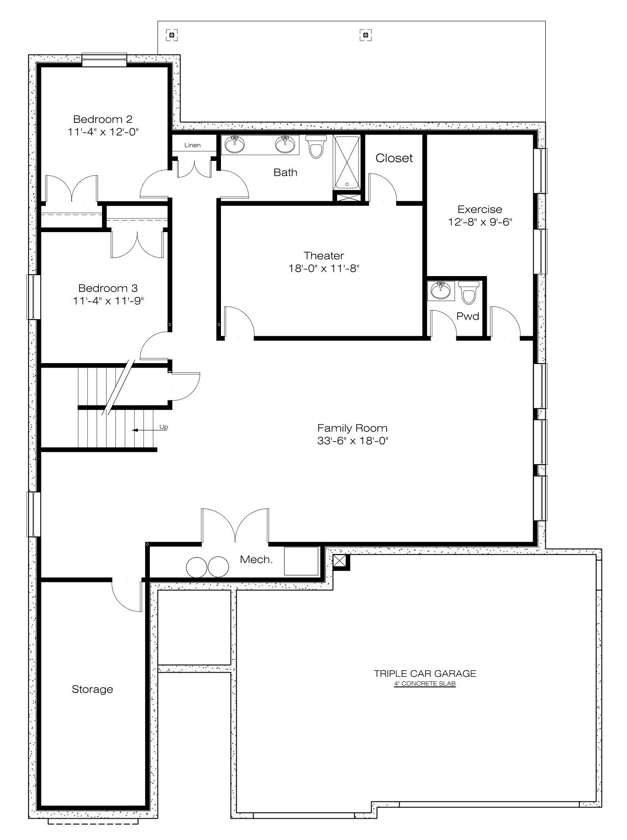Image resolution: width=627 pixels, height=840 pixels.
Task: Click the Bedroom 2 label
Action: [103, 119]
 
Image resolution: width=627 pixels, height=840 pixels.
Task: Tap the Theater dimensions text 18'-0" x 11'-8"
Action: [324, 268]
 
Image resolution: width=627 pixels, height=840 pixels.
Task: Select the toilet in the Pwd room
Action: [469, 292]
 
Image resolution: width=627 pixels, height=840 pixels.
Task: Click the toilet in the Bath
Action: [316, 146]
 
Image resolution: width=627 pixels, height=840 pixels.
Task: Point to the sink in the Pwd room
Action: [441, 291]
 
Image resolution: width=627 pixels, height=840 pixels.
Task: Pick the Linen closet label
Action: [192, 145]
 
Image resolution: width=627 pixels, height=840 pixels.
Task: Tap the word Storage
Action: [93, 689]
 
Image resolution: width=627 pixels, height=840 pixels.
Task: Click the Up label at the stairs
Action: [164, 427]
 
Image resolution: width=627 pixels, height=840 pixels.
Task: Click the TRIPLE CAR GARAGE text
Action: [425, 674]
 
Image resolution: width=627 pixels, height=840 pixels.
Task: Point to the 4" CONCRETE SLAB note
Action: [425, 684]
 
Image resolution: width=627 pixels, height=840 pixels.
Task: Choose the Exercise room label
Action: [480, 209]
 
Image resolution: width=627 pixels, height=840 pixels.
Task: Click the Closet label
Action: [394, 158]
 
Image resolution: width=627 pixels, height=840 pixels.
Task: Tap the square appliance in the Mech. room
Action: [301, 561]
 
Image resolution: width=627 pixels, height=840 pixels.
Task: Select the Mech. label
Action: [256, 560]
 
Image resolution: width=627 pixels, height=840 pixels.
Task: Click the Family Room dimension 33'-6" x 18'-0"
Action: [353, 441]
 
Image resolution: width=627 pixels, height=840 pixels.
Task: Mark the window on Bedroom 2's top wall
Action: [104, 60]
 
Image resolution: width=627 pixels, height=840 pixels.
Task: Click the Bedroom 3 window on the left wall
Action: [34, 297]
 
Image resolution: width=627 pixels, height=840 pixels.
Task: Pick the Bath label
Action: [285, 172]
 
